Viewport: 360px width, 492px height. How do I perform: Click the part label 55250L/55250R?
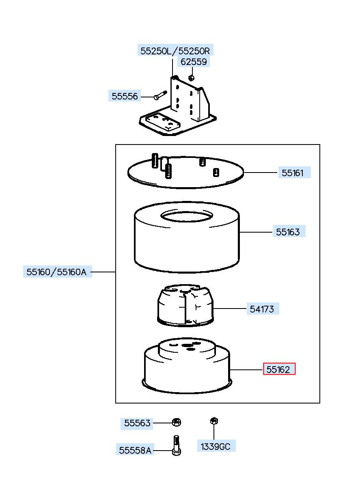coord(175,51)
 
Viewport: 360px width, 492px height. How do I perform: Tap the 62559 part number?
coord(194,62)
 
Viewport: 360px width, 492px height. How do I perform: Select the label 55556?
coord(125,96)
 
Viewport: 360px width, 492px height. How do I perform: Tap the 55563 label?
coord(137,423)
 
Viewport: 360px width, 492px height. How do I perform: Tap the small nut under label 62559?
coord(191,78)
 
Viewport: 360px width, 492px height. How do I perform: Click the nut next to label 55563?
coord(177,422)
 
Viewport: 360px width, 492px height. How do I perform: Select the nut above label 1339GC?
coord(214,421)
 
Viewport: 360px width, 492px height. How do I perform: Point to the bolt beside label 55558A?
coord(177,446)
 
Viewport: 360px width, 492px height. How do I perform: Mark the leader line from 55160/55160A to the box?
coord(103,272)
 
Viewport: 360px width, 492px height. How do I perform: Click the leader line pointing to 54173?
coord(230,309)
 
